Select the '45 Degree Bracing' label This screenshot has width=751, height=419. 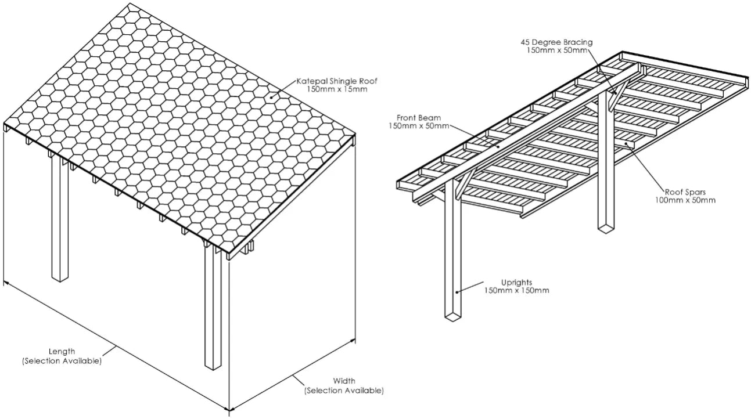click(x=556, y=42)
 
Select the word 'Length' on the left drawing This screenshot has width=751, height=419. click(x=62, y=352)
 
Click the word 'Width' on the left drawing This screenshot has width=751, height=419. click(x=344, y=381)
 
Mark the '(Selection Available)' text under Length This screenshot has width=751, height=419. click(x=62, y=360)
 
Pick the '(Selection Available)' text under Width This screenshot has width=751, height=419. click(x=344, y=391)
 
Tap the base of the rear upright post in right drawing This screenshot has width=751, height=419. click(x=606, y=229)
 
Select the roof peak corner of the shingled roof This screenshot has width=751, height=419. click(x=130, y=4)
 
